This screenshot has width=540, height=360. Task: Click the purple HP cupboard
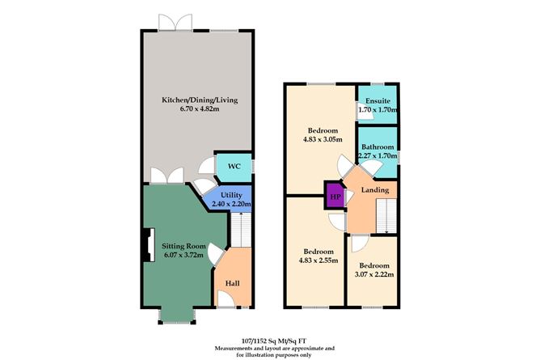332,196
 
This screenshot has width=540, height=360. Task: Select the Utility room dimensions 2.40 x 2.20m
231,204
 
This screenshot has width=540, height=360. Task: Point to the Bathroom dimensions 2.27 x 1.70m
378,155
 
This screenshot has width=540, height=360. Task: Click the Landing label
375,191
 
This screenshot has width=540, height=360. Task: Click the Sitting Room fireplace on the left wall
149,245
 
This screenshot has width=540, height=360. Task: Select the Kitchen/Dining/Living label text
200,100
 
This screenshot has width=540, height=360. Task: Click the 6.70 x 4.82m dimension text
199,112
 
